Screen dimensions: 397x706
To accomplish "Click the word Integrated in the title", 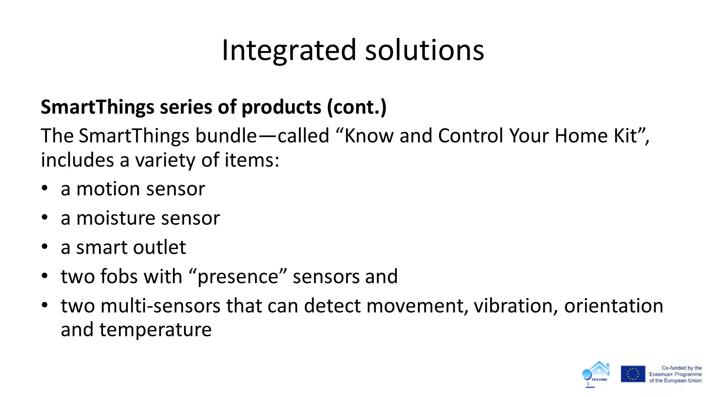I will (x=289, y=50).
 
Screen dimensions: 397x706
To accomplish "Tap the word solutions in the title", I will (x=424, y=50).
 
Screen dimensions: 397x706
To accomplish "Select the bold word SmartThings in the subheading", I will (x=97, y=107).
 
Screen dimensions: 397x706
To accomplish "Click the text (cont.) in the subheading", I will (x=357, y=107).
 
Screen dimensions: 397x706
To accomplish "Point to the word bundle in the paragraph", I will (x=226, y=135).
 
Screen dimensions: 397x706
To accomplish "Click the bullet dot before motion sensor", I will (x=44, y=189).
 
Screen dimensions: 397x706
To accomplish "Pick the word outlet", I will (x=160, y=247).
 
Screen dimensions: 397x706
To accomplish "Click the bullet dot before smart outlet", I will (x=44, y=247).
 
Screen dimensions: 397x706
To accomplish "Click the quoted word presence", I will (x=238, y=276).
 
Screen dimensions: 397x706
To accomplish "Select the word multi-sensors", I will (x=160, y=306).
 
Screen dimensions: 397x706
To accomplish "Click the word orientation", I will (x=613, y=306).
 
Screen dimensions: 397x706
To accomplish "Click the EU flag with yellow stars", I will (x=633, y=374).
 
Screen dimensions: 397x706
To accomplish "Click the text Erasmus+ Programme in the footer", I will (x=675, y=374).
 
